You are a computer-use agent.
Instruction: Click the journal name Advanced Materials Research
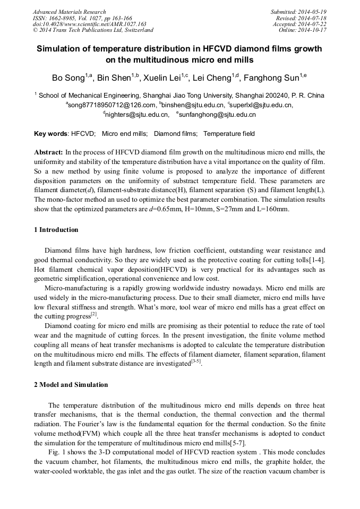(69, 12)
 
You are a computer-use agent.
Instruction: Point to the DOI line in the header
(89, 24)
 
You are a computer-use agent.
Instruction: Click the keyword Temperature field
(229, 134)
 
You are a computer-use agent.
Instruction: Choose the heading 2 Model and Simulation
(71, 385)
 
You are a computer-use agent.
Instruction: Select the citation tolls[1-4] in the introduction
(311, 259)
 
